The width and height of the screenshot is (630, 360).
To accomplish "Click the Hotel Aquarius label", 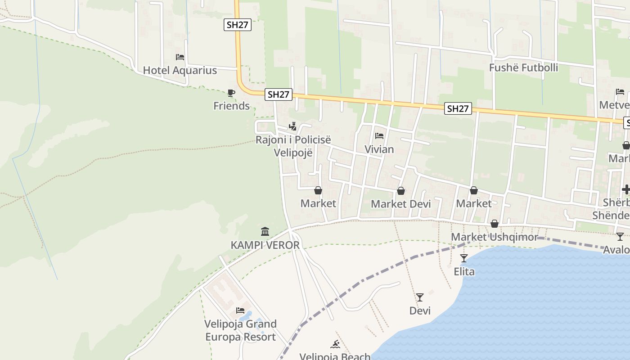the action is [180, 70].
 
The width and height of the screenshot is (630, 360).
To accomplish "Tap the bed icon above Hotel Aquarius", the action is [180, 57].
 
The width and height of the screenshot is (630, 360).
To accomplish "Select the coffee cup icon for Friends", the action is [231, 93].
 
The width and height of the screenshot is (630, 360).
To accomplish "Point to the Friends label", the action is [231, 106].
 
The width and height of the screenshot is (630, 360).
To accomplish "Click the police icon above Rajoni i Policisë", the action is [293, 126].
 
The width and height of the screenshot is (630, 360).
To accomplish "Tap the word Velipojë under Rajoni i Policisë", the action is [293, 153].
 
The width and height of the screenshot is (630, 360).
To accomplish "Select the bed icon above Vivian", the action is [379, 136].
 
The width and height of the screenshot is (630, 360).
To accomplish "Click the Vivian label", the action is [379, 149].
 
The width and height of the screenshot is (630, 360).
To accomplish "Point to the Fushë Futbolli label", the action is [523, 67].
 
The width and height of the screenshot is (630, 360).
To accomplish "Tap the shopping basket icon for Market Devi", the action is [400, 191].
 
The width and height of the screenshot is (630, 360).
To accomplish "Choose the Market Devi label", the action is [400, 204].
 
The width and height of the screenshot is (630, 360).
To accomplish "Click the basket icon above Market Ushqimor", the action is [495, 224].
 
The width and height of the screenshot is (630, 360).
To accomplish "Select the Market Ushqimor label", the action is [494, 237].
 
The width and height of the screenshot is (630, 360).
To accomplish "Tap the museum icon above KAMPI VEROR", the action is [265, 232].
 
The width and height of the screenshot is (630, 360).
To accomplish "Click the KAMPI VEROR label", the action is [265, 245].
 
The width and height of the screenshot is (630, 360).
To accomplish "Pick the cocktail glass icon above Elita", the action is [464, 258].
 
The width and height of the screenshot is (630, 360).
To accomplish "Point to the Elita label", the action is [464, 272].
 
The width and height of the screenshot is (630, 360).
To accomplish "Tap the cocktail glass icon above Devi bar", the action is [420, 297].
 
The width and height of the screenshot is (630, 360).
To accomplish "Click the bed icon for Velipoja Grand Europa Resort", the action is [240, 310].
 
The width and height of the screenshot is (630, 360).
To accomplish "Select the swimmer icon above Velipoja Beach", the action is [335, 345].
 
